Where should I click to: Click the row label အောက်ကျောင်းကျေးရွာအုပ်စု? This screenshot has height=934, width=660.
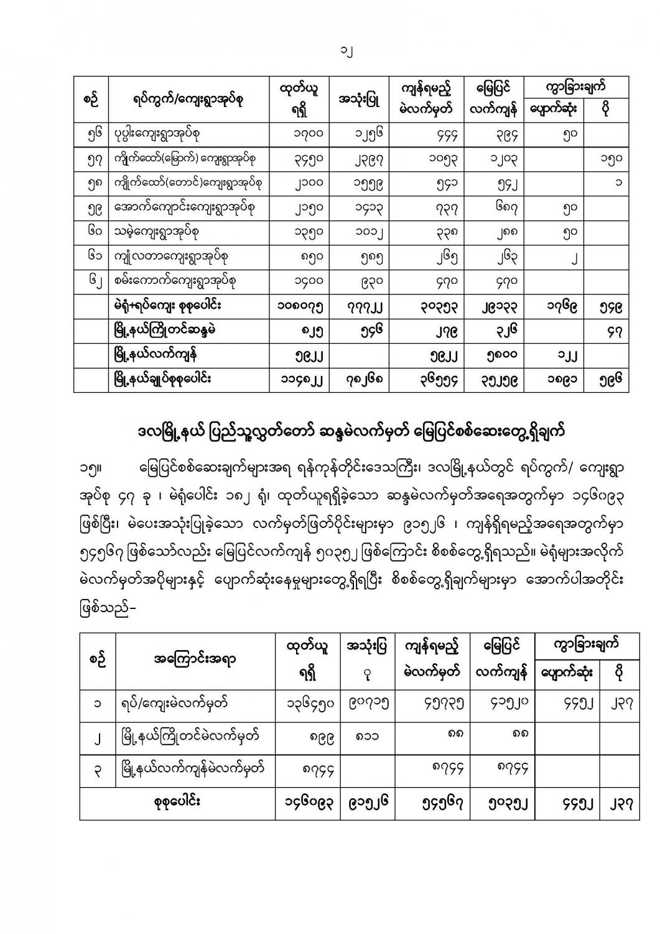coord(182,208)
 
